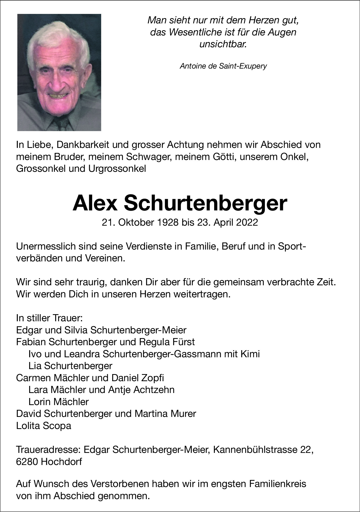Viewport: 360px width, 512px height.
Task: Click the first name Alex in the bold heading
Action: click(x=95, y=203)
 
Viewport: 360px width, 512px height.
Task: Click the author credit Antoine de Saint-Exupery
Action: click(x=223, y=66)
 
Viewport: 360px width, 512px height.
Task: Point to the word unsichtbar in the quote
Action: click(x=223, y=44)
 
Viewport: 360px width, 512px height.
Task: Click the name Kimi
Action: click(x=250, y=354)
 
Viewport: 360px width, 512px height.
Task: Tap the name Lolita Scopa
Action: click(x=44, y=426)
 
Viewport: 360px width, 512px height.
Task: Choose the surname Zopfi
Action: click(x=151, y=378)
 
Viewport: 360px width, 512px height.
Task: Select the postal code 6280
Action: click(x=27, y=462)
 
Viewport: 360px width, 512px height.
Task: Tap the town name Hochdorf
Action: click(x=61, y=462)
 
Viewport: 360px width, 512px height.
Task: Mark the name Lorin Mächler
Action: click(x=58, y=402)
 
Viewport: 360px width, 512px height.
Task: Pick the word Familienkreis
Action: click(x=278, y=484)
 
